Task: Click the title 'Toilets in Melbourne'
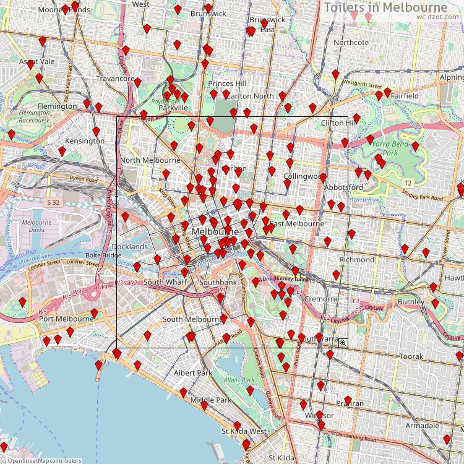click(x=385, y=7)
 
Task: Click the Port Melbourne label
click(x=66, y=319)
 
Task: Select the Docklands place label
click(x=129, y=247)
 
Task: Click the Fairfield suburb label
click(x=404, y=97)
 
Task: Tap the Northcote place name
click(x=351, y=43)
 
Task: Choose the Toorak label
click(x=411, y=357)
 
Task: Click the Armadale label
click(x=422, y=426)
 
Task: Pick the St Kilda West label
click(x=244, y=431)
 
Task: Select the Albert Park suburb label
click(x=193, y=373)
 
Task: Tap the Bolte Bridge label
click(x=103, y=256)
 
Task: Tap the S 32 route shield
click(x=53, y=202)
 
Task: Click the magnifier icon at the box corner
click(x=342, y=343)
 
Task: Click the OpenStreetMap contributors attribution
click(x=41, y=460)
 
